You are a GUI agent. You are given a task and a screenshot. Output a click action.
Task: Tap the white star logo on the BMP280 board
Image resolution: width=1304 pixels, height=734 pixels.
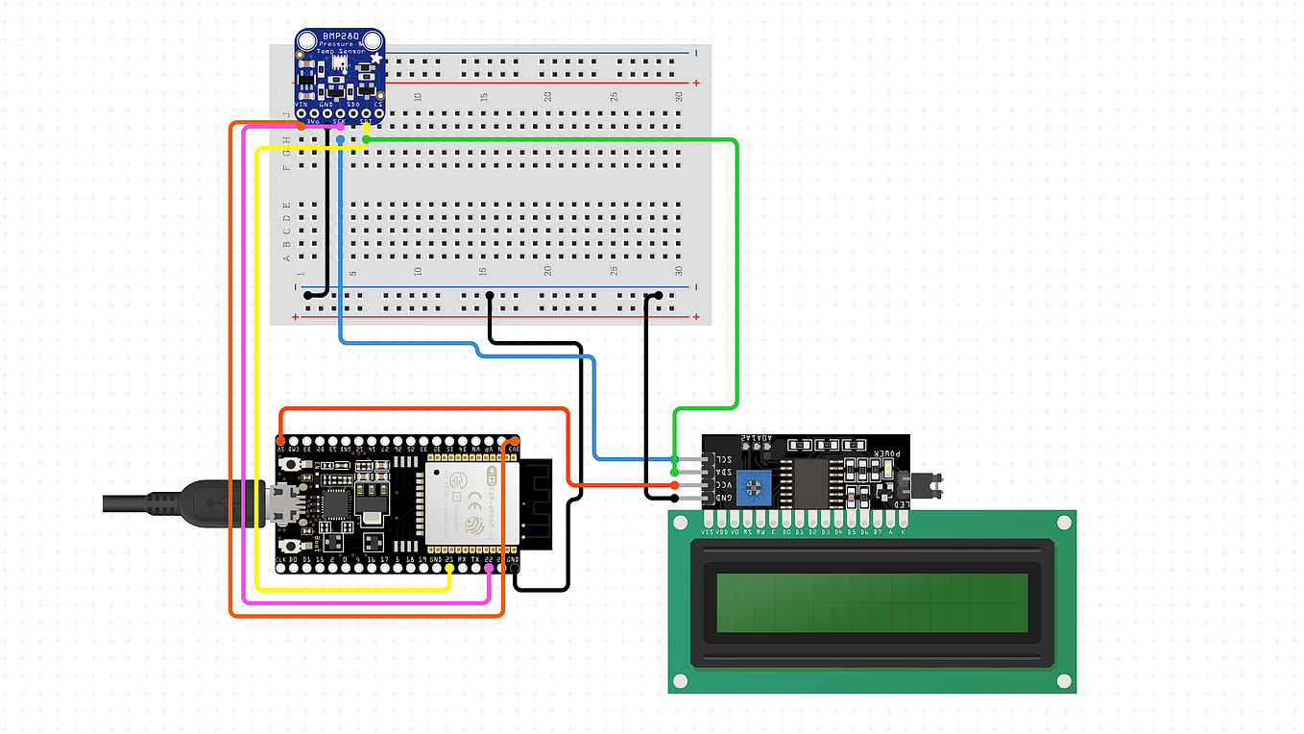coord(375,61)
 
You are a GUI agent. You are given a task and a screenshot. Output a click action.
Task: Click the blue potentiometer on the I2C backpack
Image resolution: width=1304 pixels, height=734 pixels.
coord(760,486)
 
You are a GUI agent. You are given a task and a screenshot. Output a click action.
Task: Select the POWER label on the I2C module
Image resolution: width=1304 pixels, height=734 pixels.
coord(886,451)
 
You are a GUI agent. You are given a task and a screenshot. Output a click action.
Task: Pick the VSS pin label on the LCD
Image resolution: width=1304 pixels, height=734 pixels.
coord(708,529)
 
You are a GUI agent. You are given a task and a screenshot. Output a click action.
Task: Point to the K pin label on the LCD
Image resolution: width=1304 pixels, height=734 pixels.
coord(903,529)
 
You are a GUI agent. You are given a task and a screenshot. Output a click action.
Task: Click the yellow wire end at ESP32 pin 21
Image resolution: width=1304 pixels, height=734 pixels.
coord(449,569)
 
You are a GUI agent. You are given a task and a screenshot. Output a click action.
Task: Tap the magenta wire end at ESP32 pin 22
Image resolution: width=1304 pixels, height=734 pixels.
coord(489,569)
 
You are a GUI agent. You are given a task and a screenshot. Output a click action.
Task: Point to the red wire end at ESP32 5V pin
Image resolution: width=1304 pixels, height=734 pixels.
coord(280,439)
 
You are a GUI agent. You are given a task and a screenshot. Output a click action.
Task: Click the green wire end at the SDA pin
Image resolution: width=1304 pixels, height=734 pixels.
coord(676,472)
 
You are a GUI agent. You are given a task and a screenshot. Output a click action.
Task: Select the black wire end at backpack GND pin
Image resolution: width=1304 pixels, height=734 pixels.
coord(676,498)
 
